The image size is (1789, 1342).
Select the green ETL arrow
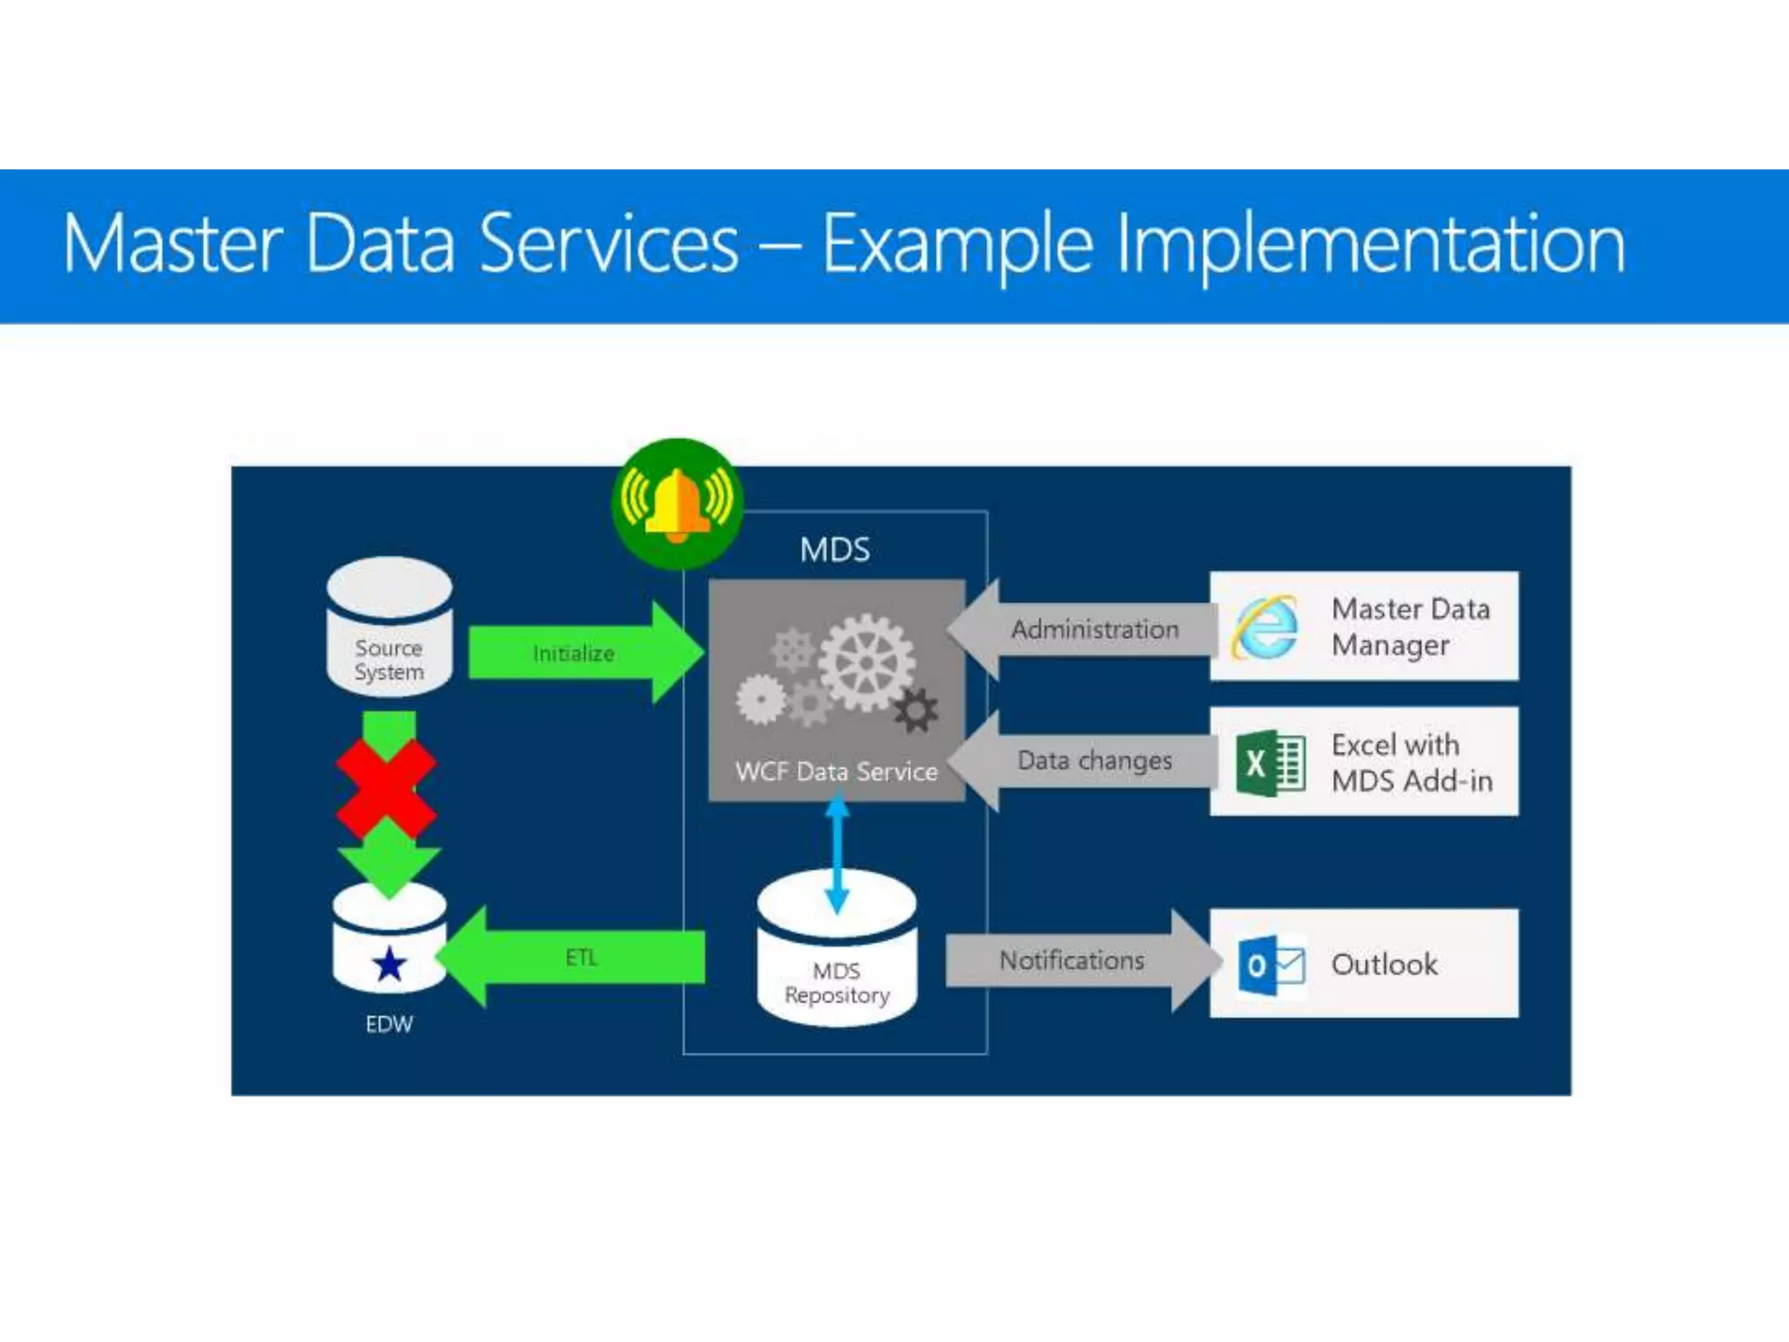(x=577, y=958)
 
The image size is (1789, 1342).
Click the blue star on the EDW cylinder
(x=390, y=965)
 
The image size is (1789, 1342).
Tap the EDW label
(x=389, y=1024)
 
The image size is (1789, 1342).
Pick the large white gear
(x=866, y=661)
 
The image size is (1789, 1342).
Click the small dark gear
(x=916, y=710)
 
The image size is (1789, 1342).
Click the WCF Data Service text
(x=836, y=771)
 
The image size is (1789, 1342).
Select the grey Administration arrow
(x=1083, y=629)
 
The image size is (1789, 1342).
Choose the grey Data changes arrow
(x=1083, y=761)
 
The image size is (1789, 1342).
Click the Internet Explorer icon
(x=1265, y=627)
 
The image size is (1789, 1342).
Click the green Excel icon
(x=1270, y=763)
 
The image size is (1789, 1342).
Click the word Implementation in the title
(x=1371, y=245)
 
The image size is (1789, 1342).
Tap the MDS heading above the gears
(x=835, y=550)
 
